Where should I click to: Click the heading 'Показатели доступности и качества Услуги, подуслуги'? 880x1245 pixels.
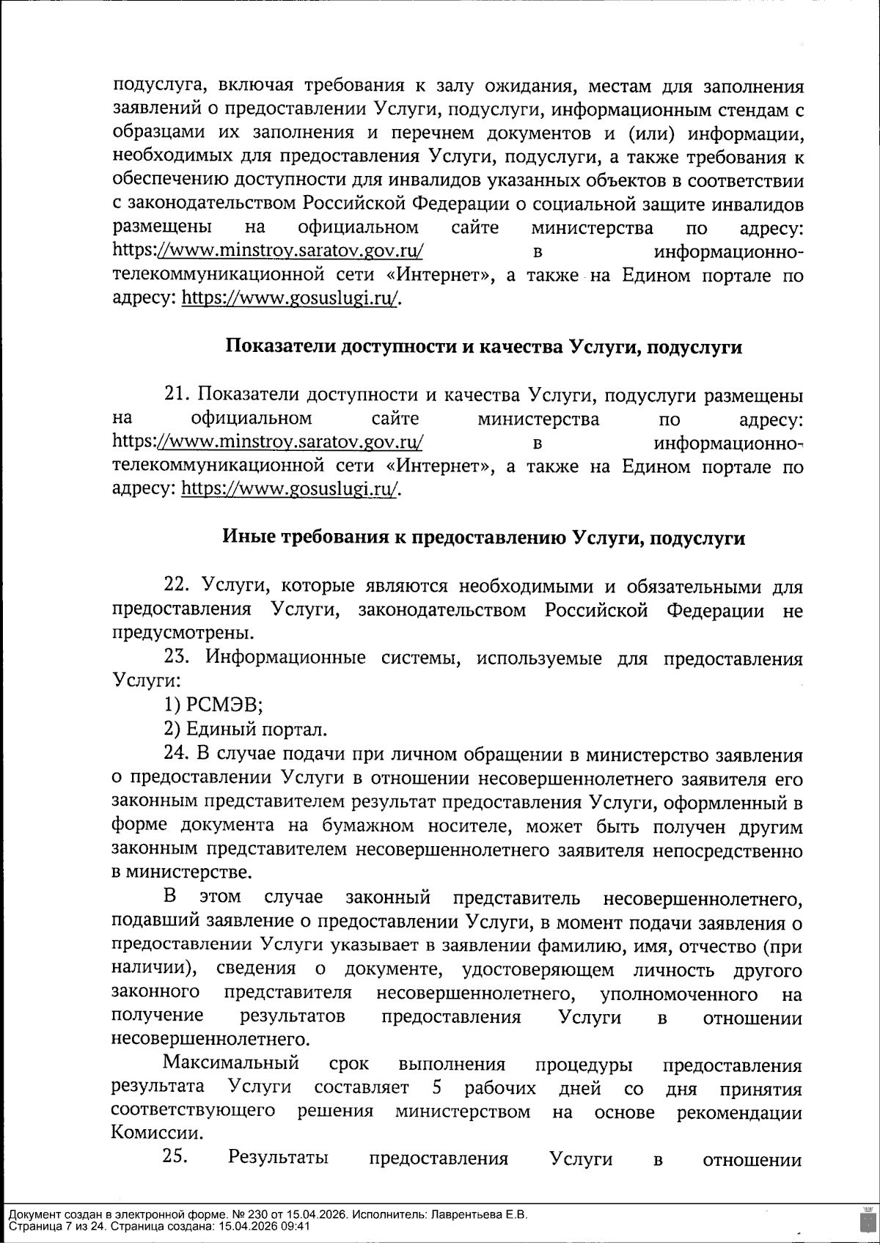point(483,348)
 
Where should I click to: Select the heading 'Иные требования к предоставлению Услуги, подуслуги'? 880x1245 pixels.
point(483,538)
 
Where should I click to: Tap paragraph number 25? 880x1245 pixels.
point(177,1158)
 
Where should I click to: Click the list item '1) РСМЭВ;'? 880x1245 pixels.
point(213,705)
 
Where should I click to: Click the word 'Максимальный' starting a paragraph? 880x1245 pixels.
point(230,1063)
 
